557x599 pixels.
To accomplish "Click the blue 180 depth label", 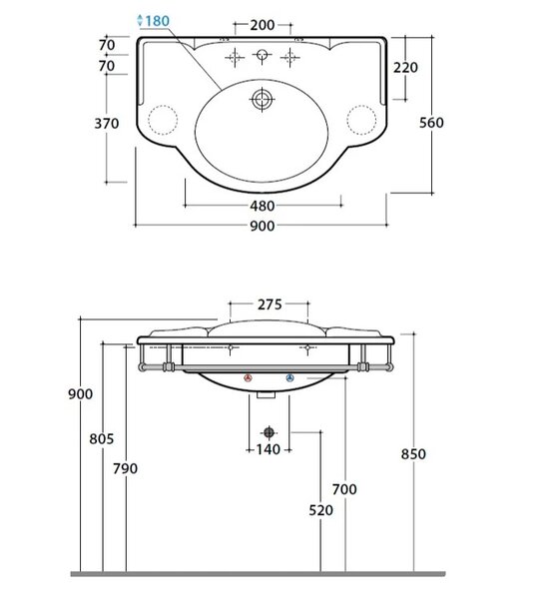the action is pos(157,21).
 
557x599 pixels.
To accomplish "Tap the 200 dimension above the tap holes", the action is pos(263,25).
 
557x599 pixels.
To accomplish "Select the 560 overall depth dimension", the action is pos(431,123).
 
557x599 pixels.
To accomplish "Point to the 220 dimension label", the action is pos(405,68).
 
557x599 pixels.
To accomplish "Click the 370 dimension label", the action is pos(107,124).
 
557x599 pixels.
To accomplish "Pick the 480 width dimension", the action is pos(263,207).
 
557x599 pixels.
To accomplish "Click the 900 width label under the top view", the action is pos(263,227).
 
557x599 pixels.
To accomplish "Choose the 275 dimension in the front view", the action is pos(270,304).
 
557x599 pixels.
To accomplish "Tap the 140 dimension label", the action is pos(269,449).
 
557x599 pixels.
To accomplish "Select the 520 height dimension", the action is pos(320,510).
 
